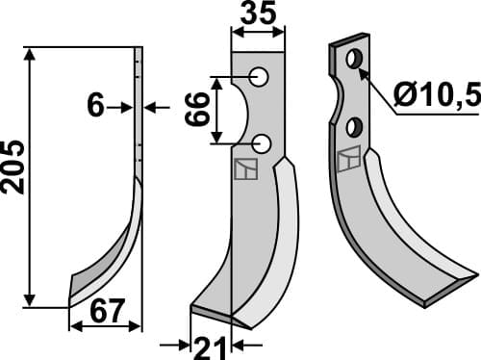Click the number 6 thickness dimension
[95, 106]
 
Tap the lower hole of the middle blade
[262, 144]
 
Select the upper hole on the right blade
[354, 61]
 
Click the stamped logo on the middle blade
[245, 169]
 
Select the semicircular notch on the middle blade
[240, 111]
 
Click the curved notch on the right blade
[338, 96]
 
